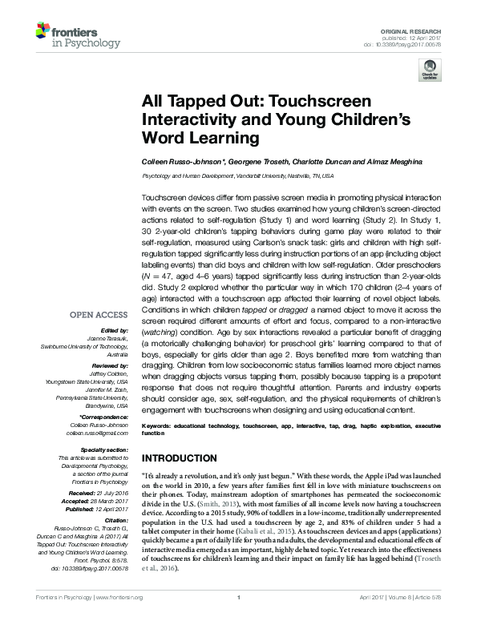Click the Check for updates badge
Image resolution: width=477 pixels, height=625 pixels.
[430, 71]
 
